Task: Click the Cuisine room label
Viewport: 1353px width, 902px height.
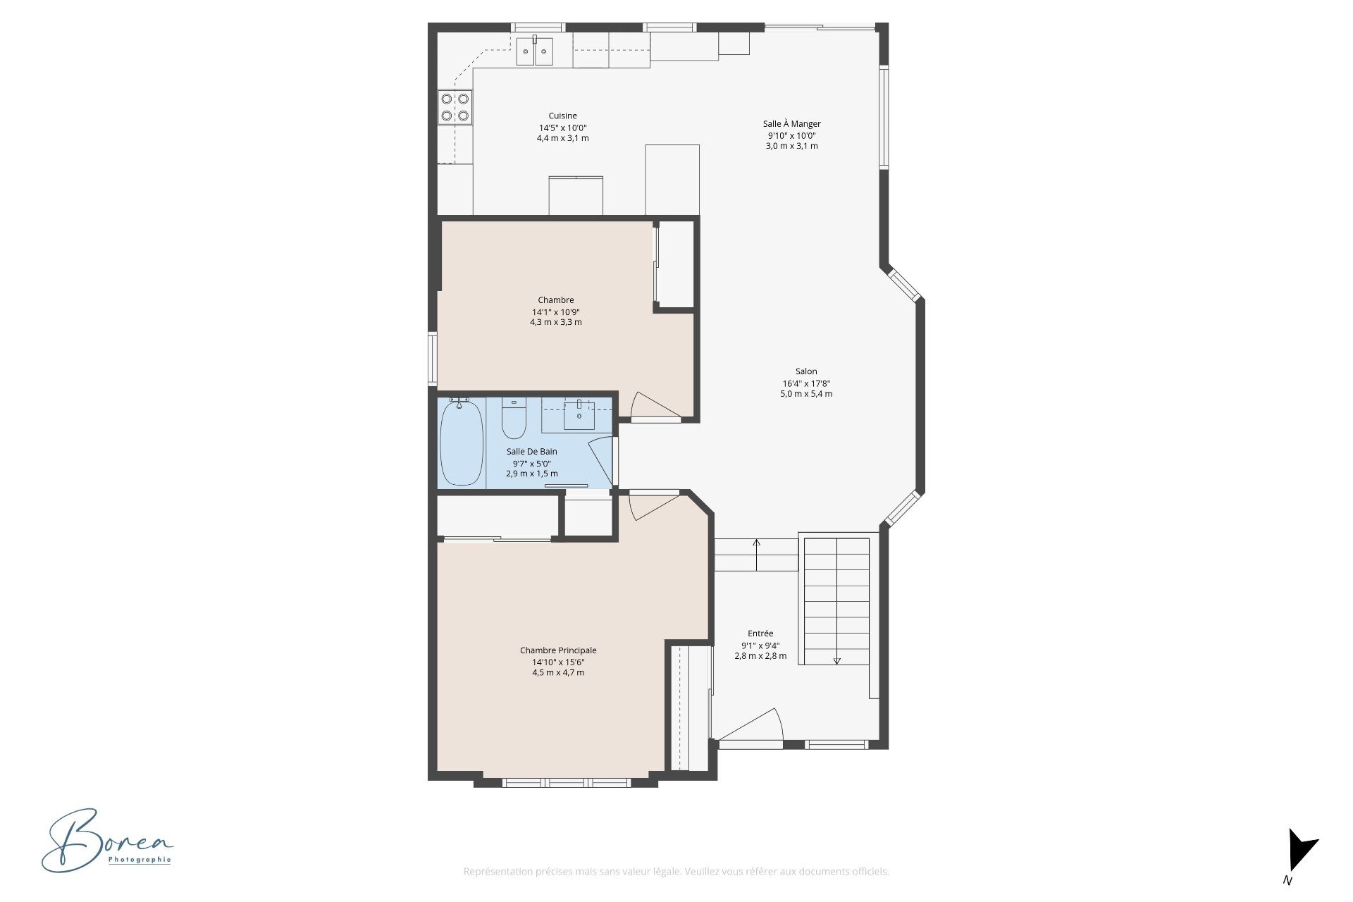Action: [562, 116]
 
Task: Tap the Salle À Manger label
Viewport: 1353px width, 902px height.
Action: [791, 124]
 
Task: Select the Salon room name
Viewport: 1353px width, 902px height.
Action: [806, 371]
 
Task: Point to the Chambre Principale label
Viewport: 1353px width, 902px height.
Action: [558, 650]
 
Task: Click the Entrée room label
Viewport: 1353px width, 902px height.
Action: [760, 634]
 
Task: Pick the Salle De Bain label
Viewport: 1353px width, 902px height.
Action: [531, 452]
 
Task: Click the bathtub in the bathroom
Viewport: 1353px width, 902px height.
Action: [462, 442]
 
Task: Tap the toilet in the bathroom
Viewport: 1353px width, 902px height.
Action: [514, 419]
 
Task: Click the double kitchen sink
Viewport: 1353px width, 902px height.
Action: [535, 51]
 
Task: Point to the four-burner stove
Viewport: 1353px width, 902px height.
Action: [455, 107]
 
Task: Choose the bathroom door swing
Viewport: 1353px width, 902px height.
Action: [600, 461]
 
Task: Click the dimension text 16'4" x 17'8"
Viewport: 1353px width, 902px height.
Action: [806, 383]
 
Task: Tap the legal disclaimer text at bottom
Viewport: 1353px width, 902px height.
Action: [676, 872]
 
